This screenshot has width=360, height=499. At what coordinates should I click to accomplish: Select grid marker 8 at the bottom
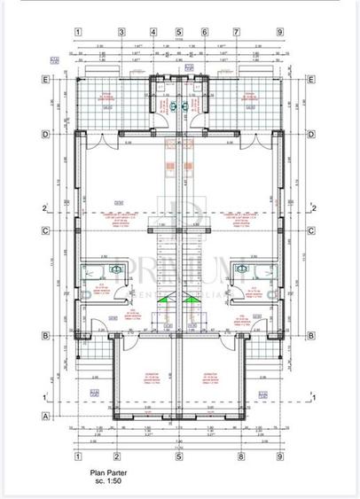coord(240,457)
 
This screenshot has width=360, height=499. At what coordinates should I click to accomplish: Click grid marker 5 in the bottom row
coord(179,457)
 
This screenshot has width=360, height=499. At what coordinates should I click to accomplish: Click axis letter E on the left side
coord(45,78)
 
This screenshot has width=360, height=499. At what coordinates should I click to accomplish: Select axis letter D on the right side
coord(312,135)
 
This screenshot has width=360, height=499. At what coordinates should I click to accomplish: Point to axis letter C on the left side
coord(45,231)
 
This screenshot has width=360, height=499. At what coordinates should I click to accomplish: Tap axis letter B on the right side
coord(312,335)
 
